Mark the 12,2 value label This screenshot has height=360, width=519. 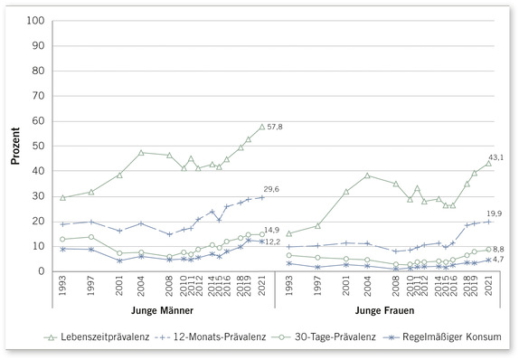pos(272,242)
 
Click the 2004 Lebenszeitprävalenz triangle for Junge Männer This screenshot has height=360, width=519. pos(141,152)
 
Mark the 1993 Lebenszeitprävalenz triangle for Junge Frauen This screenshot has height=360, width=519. pos(289,233)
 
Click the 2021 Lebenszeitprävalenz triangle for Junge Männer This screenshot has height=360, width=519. pos(262,127)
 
